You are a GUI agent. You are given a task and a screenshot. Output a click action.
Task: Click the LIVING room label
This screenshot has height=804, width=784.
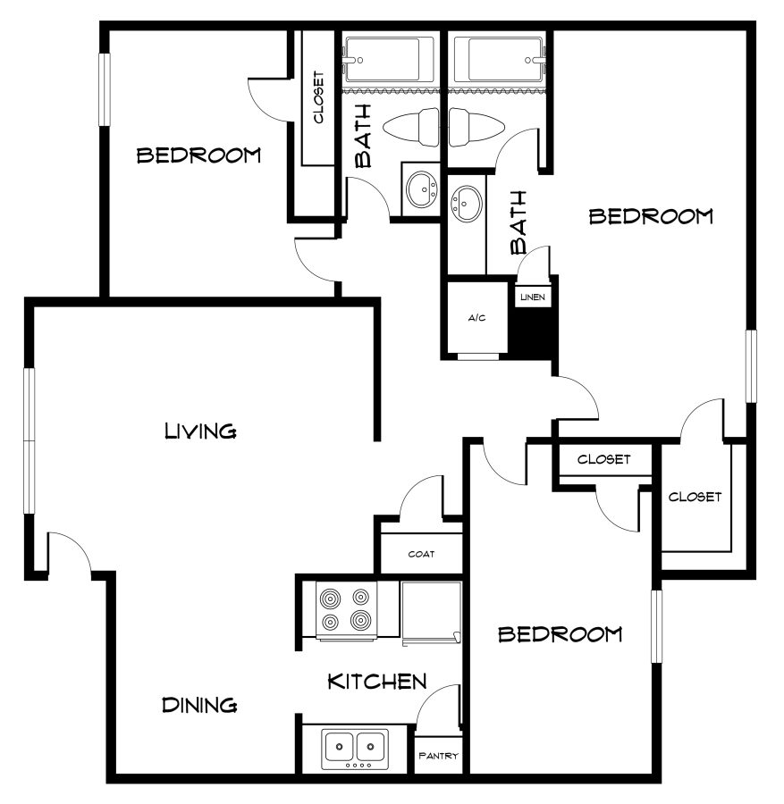point(200,431)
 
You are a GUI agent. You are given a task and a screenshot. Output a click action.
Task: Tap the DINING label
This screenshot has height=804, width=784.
point(199,705)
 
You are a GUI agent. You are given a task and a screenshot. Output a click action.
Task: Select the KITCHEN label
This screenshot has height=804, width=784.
point(375,683)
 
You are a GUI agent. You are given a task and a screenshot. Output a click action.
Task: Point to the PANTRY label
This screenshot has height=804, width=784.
point(438,757)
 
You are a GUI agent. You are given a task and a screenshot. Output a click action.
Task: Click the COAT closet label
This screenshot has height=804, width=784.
point(421,554)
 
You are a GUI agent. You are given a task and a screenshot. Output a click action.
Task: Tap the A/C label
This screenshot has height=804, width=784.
point(476,319)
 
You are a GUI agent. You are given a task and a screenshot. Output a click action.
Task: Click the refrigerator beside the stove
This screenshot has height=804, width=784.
point(431,611)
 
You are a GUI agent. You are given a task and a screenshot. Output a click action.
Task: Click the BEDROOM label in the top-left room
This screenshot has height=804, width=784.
point(198,155)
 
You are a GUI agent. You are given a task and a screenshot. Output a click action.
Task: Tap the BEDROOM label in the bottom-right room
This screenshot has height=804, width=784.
point(560,634)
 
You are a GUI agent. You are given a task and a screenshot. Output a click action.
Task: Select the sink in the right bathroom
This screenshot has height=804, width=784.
point(466,205)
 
